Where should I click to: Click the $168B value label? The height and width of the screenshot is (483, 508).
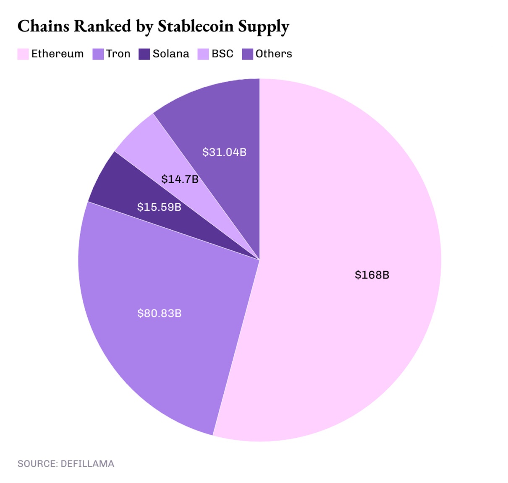pos(372,275)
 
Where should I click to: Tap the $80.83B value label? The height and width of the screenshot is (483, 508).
pos(159,313)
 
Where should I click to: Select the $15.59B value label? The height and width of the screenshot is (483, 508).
pos(159,207)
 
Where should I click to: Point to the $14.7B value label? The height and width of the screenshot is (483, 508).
pos(180,179)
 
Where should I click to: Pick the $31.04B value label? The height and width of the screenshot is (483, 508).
pos(224,152)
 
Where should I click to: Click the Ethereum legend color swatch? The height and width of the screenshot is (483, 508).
pos(23,54)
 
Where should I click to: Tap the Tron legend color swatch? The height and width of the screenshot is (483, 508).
pos(98,54)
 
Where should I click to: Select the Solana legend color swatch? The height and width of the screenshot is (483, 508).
pos(144,54)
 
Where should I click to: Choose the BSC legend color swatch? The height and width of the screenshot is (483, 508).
pos(203,54)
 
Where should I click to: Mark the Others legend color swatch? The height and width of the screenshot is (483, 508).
pos(248,54)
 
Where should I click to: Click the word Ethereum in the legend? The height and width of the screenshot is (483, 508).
pos(58,54)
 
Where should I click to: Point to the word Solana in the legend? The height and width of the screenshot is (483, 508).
pos(171,54)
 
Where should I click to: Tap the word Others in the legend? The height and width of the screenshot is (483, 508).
pos(274,54)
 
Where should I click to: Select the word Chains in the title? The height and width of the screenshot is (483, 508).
pos(44,26)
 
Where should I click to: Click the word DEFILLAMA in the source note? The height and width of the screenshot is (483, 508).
pos(87,464)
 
